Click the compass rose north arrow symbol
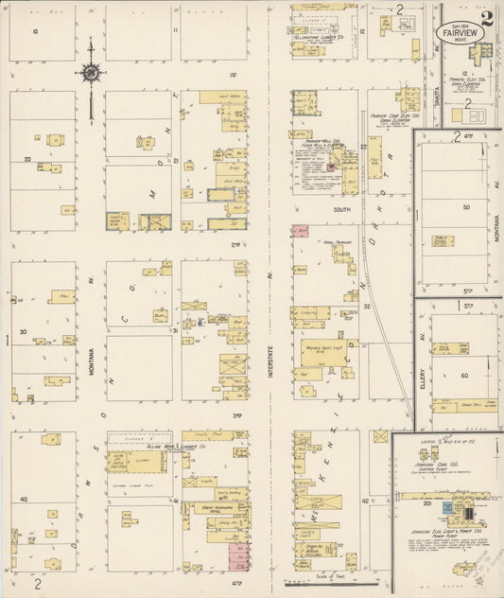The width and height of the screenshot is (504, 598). (x=91, y=73)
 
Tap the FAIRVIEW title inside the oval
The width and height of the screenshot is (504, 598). (x=460, y=31)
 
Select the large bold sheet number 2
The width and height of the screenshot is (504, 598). (x=486, y=16)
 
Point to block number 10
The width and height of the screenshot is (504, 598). (x=35, y=31)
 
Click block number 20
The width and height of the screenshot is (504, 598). (x=27, y=159)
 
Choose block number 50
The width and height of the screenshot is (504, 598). (x=465, y=206)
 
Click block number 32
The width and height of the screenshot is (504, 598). (x=363, y=306)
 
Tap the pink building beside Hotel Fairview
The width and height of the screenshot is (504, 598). (x=300, y=230)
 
